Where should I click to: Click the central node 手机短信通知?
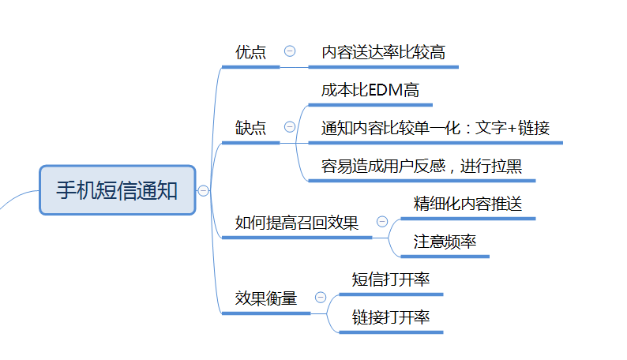coord(117,190)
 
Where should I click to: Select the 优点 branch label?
coord(250,52)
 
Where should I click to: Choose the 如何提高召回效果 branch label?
coord(297,223)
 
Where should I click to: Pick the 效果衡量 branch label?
coord(266,298)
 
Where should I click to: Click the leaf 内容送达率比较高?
coord(383,52)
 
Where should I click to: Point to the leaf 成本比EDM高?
coord(370,90)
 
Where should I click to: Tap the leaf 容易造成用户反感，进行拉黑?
coord(422,166)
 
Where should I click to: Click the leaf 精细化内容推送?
coord(467,204)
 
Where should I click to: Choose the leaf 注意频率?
coord(445,242)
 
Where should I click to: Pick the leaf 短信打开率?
coord(390,279)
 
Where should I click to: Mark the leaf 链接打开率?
coord(390,317)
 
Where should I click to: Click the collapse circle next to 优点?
coord(290,51)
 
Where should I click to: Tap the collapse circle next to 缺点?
coord(290,127)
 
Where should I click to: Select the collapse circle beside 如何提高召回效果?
coord(383,223)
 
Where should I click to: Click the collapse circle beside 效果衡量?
coord(321,298)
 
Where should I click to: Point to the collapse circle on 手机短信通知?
coord(204,190)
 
